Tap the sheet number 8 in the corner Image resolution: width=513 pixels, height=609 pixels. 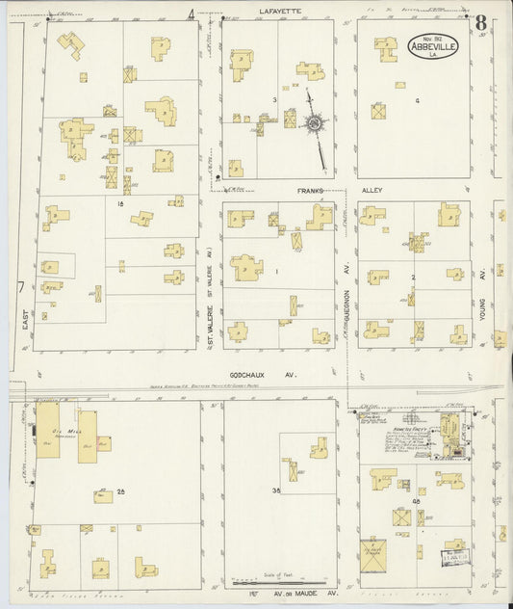479,21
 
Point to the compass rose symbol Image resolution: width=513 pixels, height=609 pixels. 315,124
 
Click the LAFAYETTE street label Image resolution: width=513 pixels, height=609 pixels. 278,11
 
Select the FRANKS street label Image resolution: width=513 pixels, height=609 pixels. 309,190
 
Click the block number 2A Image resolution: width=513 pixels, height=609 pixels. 121,492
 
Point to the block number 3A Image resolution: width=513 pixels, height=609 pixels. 275,491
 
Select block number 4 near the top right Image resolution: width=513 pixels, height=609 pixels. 417,99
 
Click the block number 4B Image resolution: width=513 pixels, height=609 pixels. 417,502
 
